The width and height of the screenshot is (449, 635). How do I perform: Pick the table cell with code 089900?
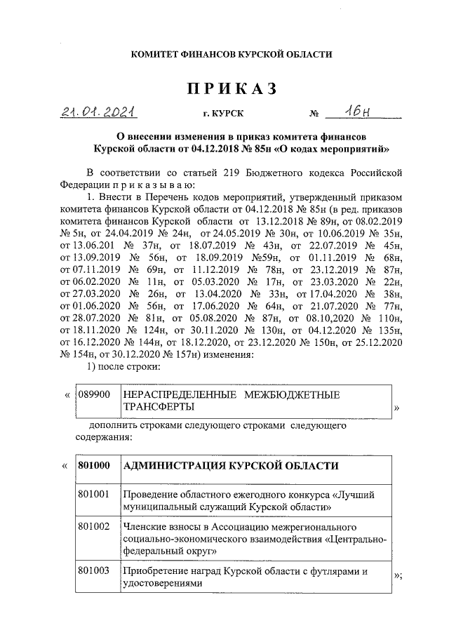tap(95, 395)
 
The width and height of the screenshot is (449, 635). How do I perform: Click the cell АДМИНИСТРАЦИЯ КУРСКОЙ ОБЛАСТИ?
tap(231, 466)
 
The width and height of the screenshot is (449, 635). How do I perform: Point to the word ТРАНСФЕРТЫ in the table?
tap(156, 406)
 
